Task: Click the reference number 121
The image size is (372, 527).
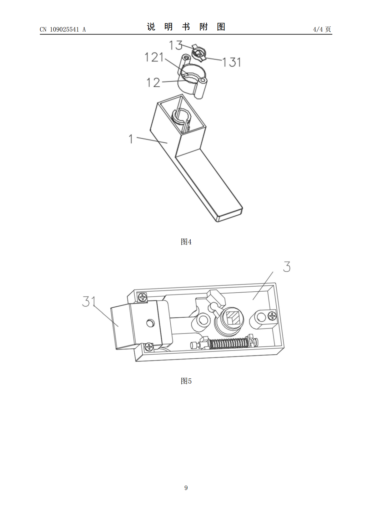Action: tap(154, 57)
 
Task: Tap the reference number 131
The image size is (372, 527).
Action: tap(231, 62)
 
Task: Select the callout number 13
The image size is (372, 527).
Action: tap(176, 45)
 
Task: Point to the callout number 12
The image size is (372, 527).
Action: tap(153, 83)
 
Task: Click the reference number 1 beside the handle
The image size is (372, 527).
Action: tap(131, 139)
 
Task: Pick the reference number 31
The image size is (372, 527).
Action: tap(89, 301)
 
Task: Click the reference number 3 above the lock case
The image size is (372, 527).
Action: tap(287, 267)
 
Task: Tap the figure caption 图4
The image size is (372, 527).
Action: tap(186, 242)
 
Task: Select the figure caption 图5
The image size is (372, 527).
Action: tap(186, 381)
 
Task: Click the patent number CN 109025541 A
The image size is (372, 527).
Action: tap(63, 29)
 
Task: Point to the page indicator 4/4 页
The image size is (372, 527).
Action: tap(322, 29)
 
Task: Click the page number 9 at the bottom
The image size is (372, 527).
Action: tap(186, 488)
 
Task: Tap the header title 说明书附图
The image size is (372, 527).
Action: tap(186, 27)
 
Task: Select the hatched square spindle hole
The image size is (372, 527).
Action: tap(232, 318)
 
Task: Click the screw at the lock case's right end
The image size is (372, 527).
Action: tap(272, 316)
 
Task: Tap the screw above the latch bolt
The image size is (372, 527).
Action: tap(143, 297)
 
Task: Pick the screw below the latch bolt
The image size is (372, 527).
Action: tap(149, 346)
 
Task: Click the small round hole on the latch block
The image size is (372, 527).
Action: tap(149, 323)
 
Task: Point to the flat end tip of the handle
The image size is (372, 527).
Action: tap(229, 215)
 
